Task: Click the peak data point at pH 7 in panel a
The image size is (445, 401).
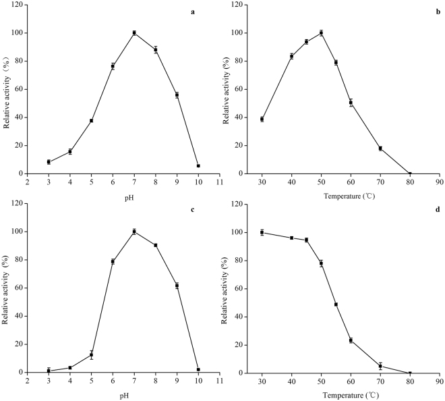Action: tap(134, 33)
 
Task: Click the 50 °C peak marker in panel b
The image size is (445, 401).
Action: tap(340, 33)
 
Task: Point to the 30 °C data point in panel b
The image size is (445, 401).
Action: tap(262, 119)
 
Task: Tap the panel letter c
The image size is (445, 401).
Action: tap(192, 209)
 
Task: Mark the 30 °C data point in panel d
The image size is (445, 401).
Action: tap(262, 232)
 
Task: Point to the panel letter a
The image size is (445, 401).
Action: tap(192, 11)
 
